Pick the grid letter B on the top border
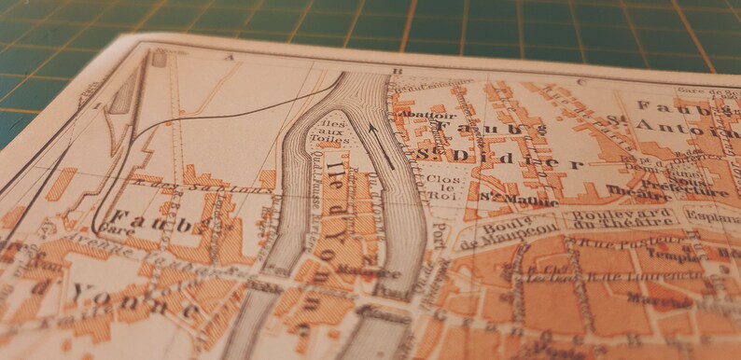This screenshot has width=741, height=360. pyautogui.click(x=397, y=71)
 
